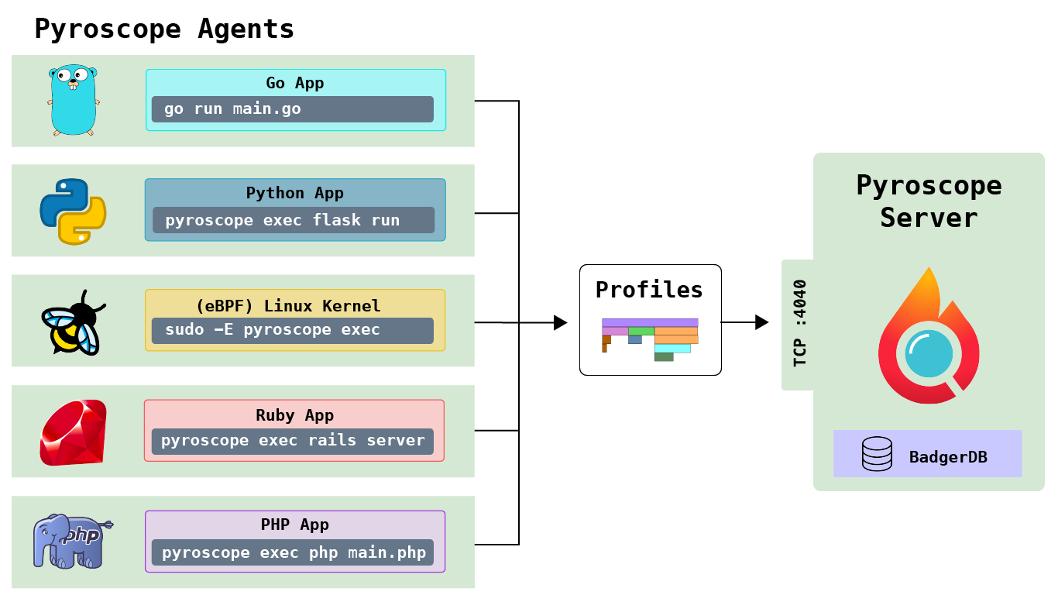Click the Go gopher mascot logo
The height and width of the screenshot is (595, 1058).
[74, 101]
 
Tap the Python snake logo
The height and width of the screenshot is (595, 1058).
[73, 212]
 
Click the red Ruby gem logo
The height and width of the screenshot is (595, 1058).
[74, 432]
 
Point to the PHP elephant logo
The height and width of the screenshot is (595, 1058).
[73, 541]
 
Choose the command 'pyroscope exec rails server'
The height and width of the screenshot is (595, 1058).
[292, 441]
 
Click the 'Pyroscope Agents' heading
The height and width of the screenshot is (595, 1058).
[164, 29]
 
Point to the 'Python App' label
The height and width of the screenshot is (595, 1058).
[294, 193]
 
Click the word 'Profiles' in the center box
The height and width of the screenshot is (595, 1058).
[649, 290]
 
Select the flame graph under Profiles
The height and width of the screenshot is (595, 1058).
[650, 339]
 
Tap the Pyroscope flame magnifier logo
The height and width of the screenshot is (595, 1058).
[928, 337]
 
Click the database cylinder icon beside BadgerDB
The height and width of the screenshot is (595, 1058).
[877, 454]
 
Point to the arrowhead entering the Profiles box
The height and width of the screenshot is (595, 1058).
[561, 322]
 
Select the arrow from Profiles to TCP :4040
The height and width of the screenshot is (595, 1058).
[744, 322]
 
